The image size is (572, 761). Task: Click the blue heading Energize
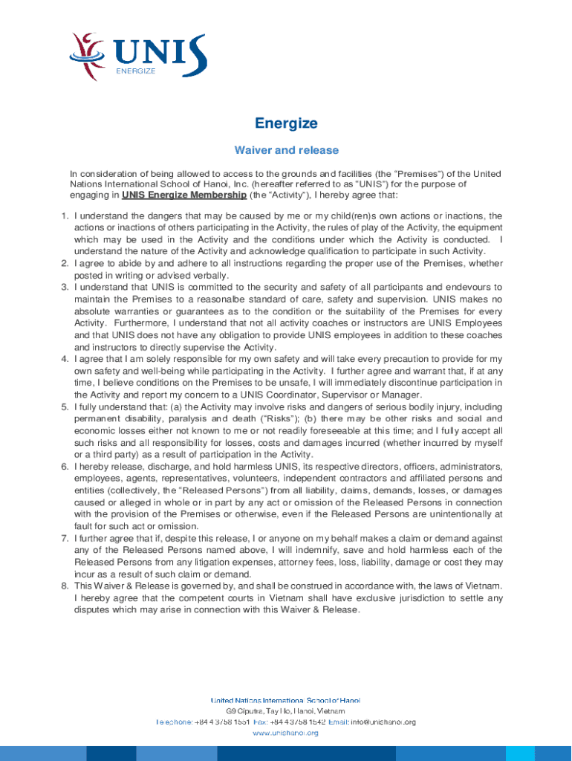click(286, 123)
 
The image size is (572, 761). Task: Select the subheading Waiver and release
click(286, 150)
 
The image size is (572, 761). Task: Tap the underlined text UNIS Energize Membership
click(184, 195)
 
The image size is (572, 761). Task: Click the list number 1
click(65, 216)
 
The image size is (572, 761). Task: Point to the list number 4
click(65, 358)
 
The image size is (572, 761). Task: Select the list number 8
click(65, 586)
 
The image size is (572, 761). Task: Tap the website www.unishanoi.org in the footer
click(286, 733)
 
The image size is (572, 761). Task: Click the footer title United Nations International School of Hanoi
click(286, 700)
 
